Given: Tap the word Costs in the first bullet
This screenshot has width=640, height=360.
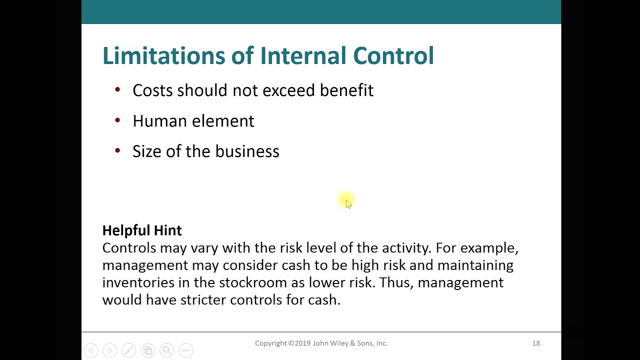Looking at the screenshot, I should [x=152, y=90].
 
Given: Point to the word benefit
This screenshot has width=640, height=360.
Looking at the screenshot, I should [x=346, y=90].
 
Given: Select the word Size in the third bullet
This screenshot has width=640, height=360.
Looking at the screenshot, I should [x=147, y=151].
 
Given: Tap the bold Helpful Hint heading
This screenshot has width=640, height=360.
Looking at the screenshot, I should [x=142, y=230].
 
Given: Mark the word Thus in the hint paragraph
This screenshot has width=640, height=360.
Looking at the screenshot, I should [x=395, y=282].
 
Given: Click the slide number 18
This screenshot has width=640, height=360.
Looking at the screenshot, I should [x=536, y=343].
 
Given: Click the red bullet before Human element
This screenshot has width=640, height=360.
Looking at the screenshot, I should [x=117, y=120].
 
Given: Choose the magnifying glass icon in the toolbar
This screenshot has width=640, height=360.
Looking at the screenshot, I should [x=166, y=350].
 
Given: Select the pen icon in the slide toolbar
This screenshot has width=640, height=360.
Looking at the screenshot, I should [x=128, y=350].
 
